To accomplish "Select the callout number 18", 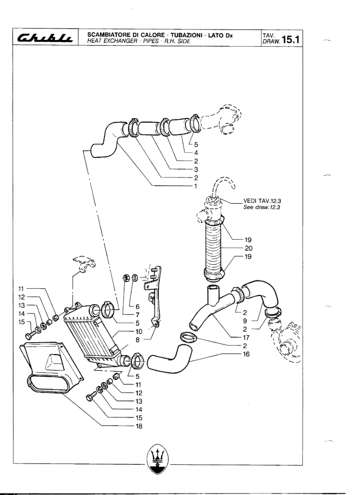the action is (x=139, y=426).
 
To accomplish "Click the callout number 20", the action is (x=248, y=248).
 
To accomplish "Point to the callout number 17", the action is (x=246, y=338).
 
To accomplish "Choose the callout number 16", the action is (x=246, y=354).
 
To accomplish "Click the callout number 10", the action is (x=139, y=331).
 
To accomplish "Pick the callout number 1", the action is (x=196, y=186).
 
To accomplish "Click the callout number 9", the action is (x=245, y=321).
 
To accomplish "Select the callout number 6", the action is (x=138, y=307).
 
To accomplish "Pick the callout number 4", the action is (x=196, y=153).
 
